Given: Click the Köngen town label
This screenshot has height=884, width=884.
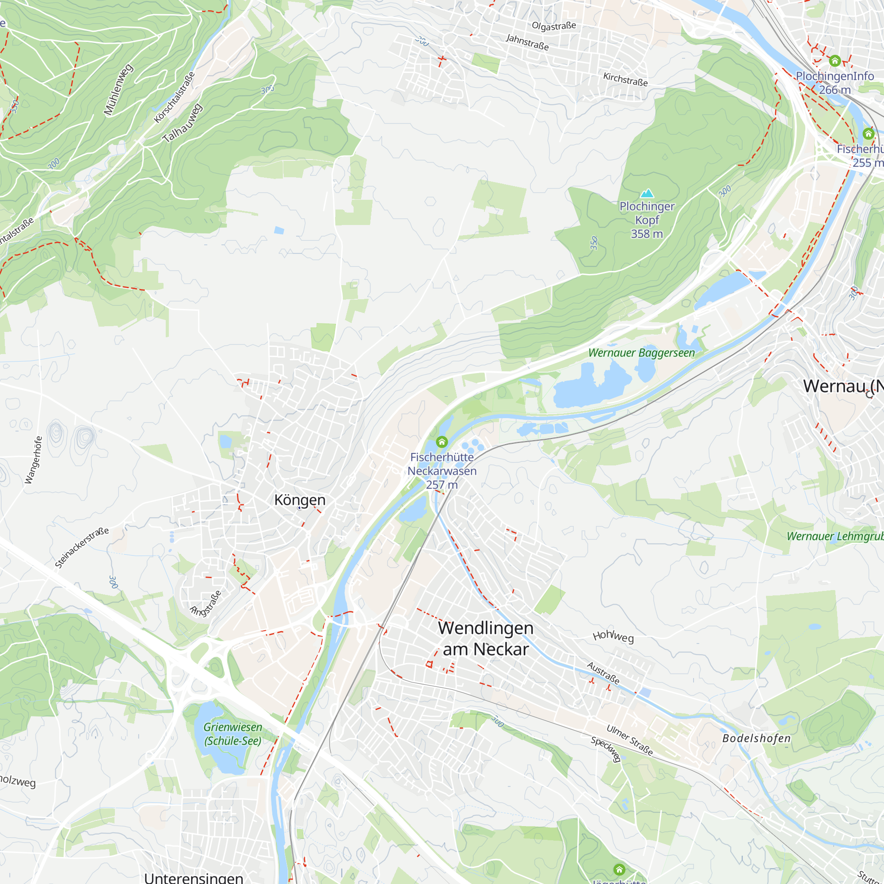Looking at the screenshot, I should [300, 500].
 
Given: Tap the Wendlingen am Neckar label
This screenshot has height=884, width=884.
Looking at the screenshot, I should [485, 639].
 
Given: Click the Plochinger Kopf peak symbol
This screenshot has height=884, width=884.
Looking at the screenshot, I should [647, 193].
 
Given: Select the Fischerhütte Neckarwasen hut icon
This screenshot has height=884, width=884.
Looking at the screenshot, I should [442, 442].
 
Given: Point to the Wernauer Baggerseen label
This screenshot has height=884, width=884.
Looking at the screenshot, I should [641, 353].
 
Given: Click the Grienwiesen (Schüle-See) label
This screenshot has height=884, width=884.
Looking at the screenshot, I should [232, 734].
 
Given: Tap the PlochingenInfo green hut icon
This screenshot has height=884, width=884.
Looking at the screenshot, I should [834, 61].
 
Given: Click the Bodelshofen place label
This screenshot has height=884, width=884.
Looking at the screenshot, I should [756, 739].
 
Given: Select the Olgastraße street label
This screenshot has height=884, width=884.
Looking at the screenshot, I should [554, 26].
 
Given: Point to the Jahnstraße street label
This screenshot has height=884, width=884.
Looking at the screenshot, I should [527, 42].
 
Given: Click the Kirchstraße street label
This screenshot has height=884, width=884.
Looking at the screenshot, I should [625, 79].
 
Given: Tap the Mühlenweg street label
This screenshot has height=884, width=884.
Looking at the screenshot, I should [118, 90].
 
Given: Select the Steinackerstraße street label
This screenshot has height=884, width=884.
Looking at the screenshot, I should [82, 548].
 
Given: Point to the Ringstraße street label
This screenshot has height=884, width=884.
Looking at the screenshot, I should [206, 603].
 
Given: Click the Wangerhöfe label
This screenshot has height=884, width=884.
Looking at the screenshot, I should [34, 460].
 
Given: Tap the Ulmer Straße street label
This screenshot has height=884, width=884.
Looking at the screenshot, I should [629, 740].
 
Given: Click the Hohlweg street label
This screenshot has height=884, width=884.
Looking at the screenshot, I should [613, 636].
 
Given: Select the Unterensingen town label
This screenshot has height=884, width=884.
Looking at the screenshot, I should [194, 878].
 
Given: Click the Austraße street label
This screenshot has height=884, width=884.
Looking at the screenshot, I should [603, 673].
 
